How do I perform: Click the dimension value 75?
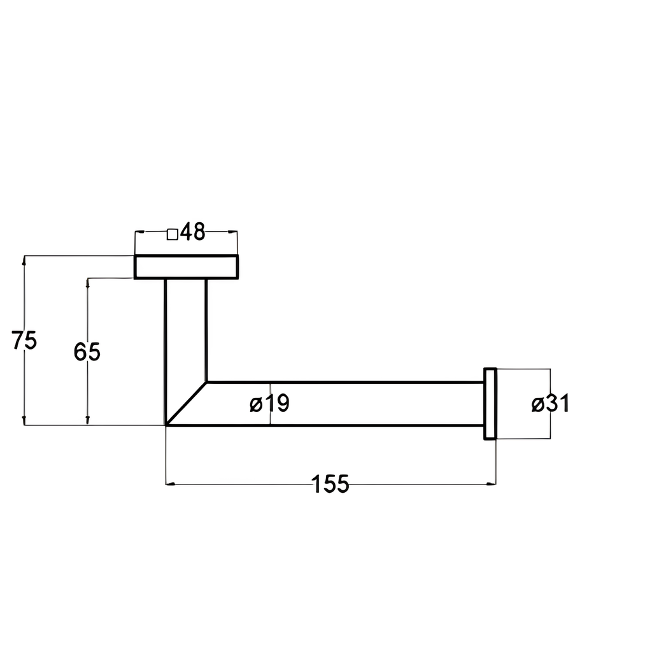click(24, 340)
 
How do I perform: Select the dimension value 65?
click(87, 351)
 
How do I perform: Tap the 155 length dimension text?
click(330, 484)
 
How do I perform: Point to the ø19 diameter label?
click(269, 403)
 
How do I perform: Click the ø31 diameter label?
click(550, 403)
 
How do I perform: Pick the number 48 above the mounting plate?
click(193, 232)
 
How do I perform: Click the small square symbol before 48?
click(173, 234)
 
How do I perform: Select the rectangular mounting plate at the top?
click(187, 267)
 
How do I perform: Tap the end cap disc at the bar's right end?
click(490, 403)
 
